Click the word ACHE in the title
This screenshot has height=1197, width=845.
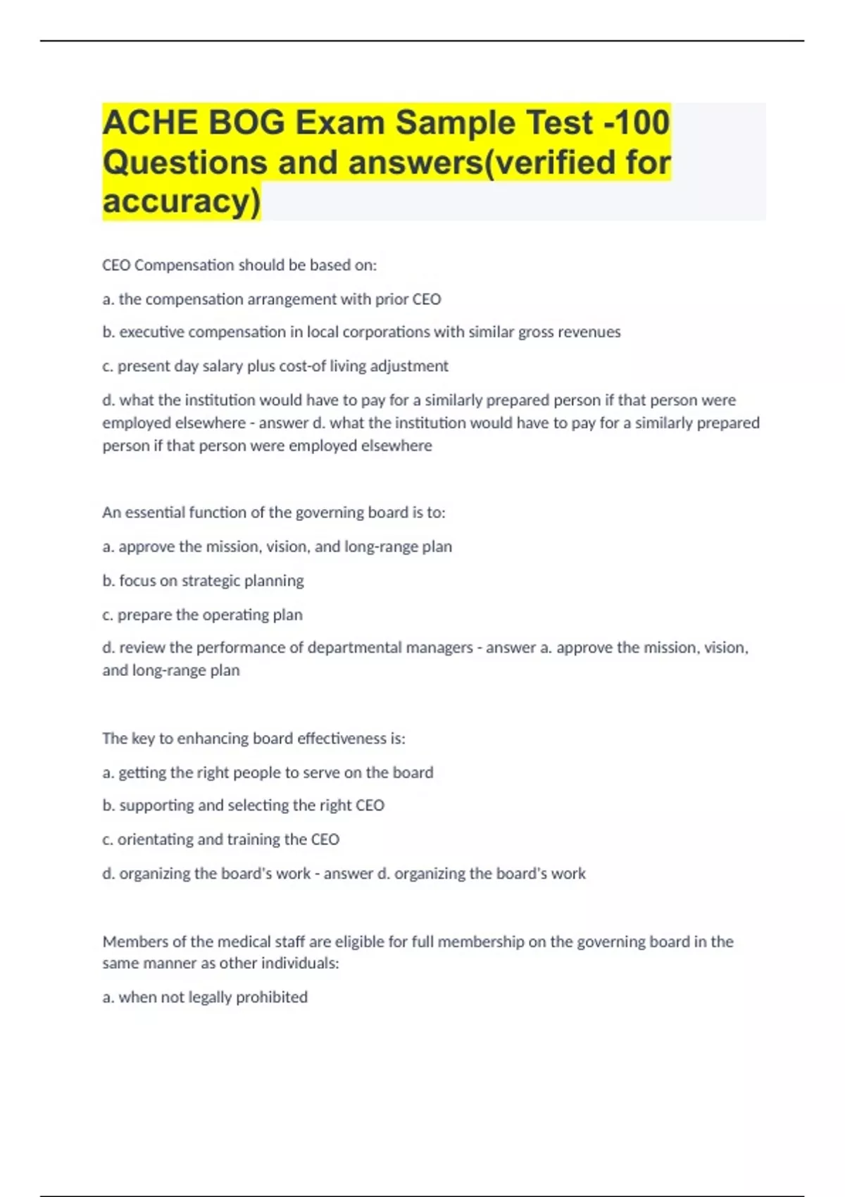(x=149, y=123)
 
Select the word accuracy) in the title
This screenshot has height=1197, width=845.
(x=181, y=201)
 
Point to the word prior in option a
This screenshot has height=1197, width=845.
(x=391, y=299)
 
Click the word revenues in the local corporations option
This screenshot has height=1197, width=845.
(x=589, y=332)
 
